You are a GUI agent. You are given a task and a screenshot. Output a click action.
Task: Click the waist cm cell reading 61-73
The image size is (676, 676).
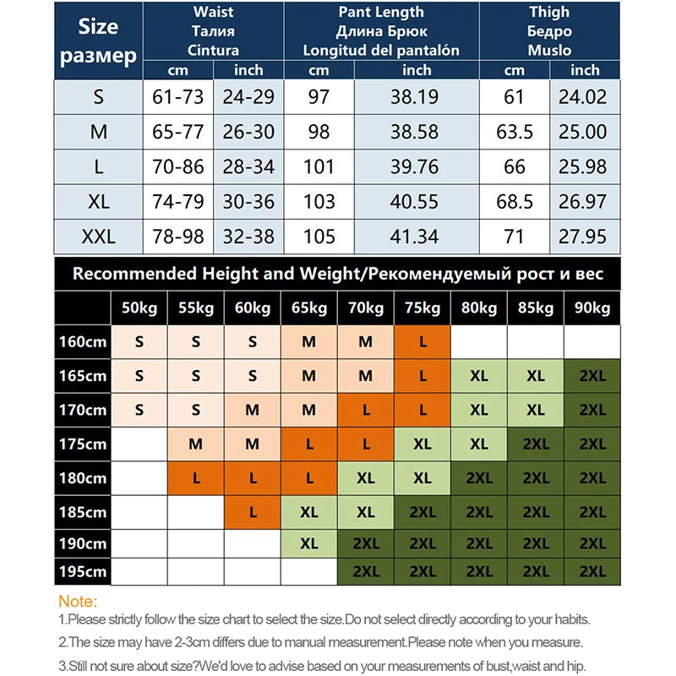[x=177, y=97]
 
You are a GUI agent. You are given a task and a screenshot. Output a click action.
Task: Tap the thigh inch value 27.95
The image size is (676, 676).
[x=585, y=236]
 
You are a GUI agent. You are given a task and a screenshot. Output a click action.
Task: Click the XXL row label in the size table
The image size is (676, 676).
[x=98, y=236]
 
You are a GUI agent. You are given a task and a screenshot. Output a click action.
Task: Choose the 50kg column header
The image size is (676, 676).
[x=139, y=308]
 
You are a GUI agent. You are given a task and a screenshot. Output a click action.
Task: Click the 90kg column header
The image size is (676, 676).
[x=592, y=308]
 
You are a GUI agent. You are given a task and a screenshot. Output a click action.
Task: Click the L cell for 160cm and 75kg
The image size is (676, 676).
[x=422, y=342]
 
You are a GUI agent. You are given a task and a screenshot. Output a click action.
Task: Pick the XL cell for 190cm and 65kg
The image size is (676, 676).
[x=309, y=542]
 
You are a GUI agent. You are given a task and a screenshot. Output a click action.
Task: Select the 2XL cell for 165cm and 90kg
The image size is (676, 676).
[x=592, y=376]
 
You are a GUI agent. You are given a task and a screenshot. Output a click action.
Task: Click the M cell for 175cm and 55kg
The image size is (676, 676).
[x=196, y=444]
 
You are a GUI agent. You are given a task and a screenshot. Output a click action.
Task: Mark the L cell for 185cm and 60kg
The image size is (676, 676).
[x=253, y=511]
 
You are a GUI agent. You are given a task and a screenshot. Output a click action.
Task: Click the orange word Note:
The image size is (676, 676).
[x=78, y=602]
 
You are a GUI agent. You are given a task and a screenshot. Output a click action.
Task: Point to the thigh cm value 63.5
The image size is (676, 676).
[x=515, y=132]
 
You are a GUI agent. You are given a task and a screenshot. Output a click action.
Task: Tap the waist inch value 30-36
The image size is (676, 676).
[x=248, y=201]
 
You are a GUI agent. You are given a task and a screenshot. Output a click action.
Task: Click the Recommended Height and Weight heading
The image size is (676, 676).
[x=338, y=274]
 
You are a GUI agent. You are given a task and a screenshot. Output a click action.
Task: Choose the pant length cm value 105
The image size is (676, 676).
[x=319, y=236]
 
